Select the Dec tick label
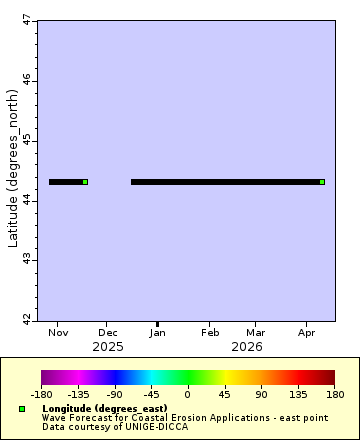[x=108, y=332]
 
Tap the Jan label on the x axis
[x=157, y=332]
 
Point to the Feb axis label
[x=210, y=332]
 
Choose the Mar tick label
[x=256, y=332]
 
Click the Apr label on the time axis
[x=307, y=332]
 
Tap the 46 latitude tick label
[x=26, y=80]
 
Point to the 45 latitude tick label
[x=26, y=140]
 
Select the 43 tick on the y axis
[x=26, y=260]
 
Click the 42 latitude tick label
[x=26, y=320]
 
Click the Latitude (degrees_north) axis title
[x=12, y=171]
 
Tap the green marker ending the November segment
[x=85, y=182]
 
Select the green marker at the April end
[x=322, y=182]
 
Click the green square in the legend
[x=22, y=409]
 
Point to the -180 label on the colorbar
[x=41, y=395]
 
